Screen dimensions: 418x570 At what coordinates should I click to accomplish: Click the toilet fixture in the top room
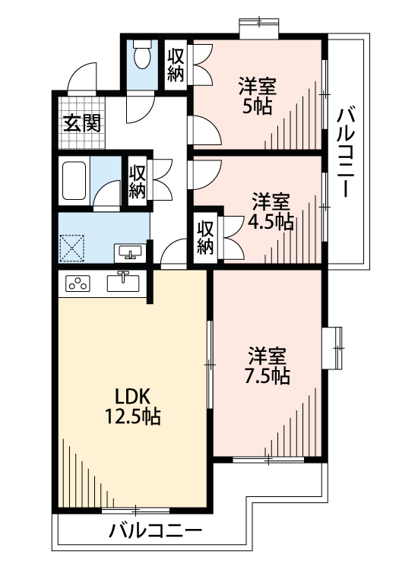coord(142,55)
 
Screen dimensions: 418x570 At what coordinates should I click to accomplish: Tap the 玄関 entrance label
coord(82,123)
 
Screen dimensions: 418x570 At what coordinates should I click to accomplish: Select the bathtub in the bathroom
coord(74,181)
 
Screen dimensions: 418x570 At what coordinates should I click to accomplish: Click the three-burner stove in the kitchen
coord(78,283)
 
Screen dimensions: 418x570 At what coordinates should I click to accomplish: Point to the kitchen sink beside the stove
coord(123,283)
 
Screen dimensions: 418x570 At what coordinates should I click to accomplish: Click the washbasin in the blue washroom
coord(130,252)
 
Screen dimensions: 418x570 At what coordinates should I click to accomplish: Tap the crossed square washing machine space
coord(72,248)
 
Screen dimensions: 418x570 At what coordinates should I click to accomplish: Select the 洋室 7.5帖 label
coord(268,366)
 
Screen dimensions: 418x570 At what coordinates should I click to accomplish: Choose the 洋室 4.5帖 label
coord(271,212)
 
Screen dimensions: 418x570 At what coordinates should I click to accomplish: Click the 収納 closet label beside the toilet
coord(176,65)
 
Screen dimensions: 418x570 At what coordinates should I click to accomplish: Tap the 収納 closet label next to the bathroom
coord(138,182)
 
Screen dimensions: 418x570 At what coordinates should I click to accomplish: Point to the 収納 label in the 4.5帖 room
coord(205,238)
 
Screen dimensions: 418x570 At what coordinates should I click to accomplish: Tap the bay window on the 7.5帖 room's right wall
coord(333,348)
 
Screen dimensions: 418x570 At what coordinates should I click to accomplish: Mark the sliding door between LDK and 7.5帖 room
coord(210,364)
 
